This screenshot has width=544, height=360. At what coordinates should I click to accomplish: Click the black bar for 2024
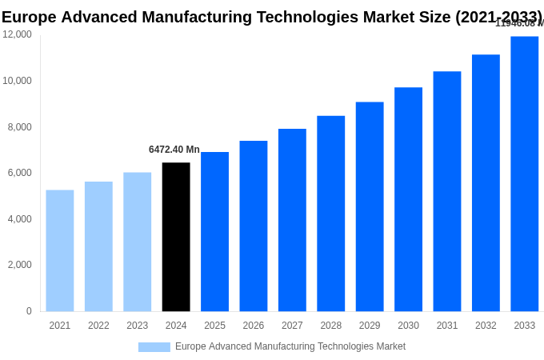pos(176,237)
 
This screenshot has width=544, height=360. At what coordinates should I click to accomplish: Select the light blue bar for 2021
pos(60,250)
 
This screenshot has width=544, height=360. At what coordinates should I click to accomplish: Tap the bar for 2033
pos(525,174)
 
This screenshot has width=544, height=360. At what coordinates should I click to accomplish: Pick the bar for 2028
pos(331,214)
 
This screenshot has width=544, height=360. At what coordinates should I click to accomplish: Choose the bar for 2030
pos(408,199)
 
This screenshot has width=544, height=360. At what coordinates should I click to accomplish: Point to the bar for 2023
pos(138,242)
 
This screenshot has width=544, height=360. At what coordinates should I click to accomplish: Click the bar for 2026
pos(254,226)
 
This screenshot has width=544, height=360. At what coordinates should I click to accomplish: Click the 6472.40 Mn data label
pos(174,150)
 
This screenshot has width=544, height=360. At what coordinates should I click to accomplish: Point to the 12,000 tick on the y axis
pos(17,34)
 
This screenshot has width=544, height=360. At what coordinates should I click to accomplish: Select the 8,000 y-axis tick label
pos(20,126)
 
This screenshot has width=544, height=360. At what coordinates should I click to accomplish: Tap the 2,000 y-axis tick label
pos(20,265)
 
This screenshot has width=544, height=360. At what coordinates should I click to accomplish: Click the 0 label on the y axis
pos(29,311)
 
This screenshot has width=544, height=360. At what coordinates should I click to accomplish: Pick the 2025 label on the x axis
pos(214,326)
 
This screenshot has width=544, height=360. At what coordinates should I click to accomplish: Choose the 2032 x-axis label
pos(486,326)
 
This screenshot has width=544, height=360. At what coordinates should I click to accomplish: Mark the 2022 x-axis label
pos(98,326)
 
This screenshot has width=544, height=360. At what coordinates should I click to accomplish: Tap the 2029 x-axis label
pos(370,326)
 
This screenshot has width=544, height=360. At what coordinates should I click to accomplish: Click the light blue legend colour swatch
pos(154,347)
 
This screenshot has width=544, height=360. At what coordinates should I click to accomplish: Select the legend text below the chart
pos(290,346)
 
